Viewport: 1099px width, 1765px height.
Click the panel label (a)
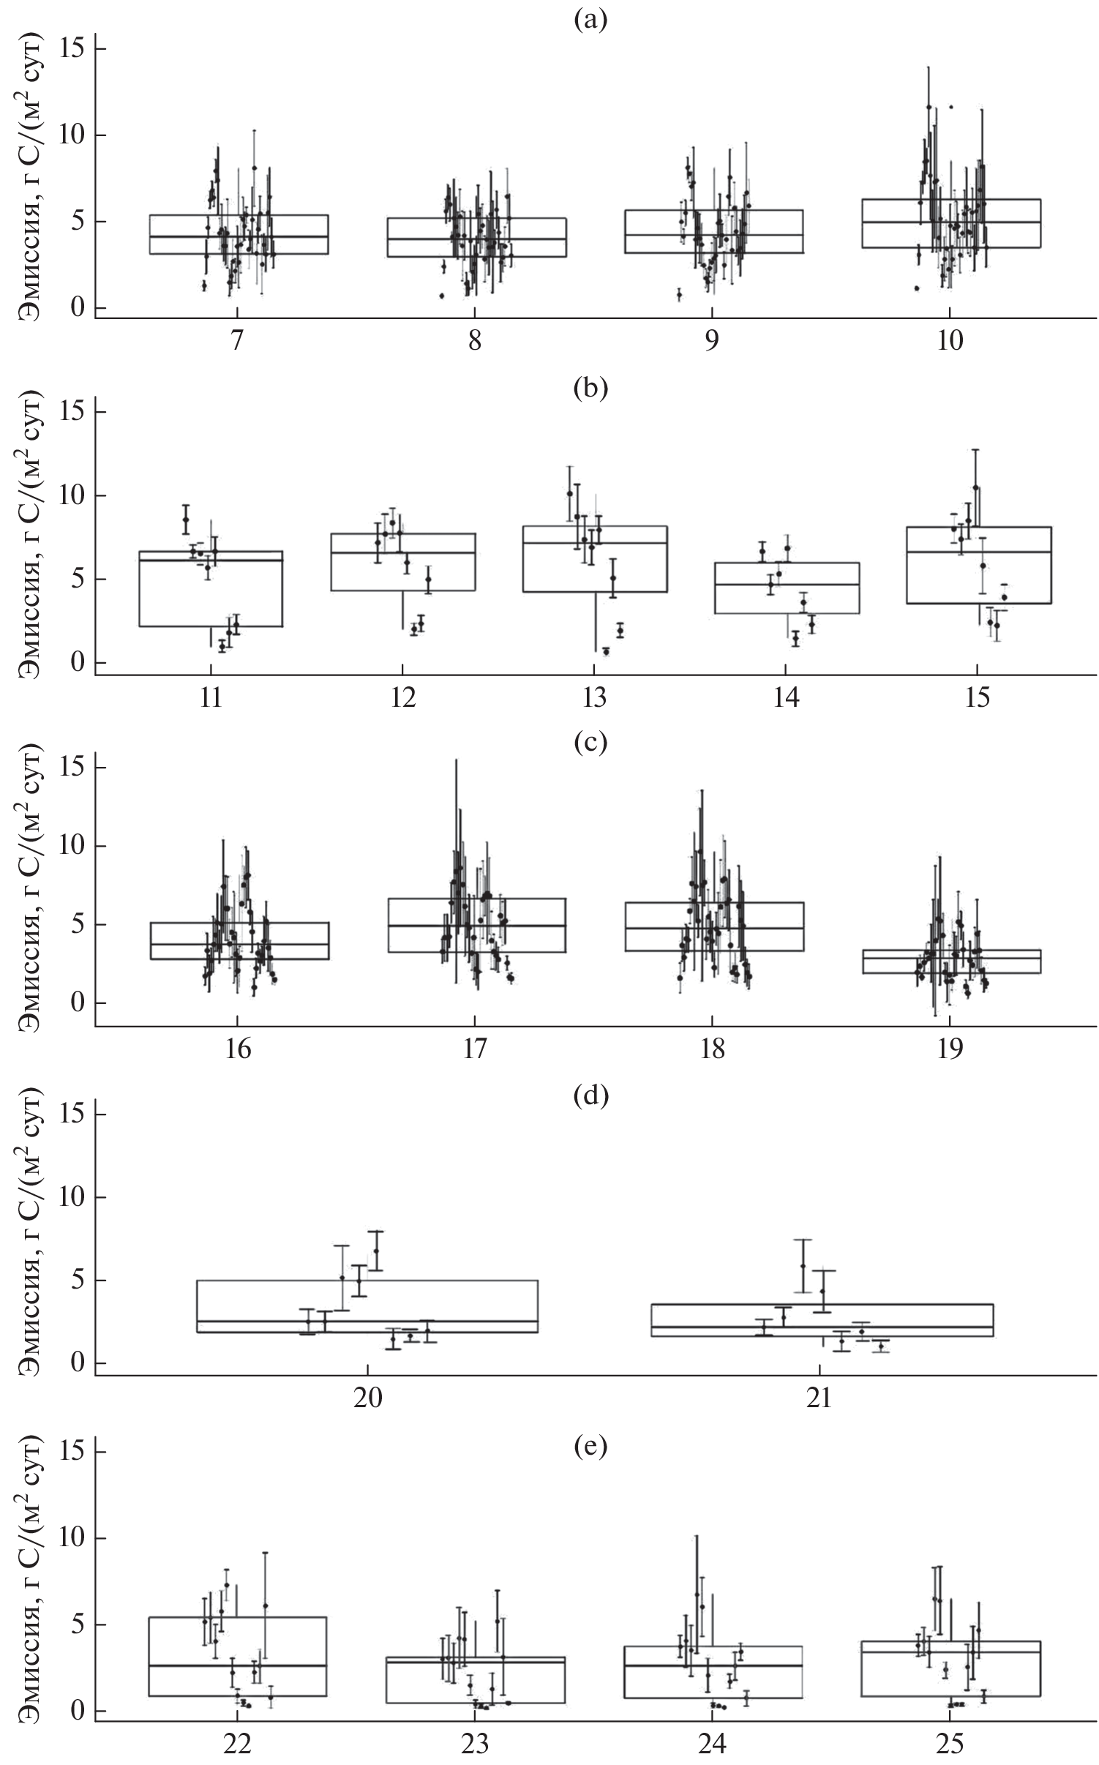tap(590, 20)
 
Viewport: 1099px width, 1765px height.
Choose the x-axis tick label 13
tap(593, 697)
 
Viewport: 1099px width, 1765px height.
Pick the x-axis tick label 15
tap(976, 697)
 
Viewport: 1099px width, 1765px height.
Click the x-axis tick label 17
tap(475, 1049)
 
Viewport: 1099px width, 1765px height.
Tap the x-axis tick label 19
tap(949, 1049)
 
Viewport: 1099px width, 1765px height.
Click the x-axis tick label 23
tap(475, 1742)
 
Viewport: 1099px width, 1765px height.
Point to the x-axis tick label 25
tap(949, 1742)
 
